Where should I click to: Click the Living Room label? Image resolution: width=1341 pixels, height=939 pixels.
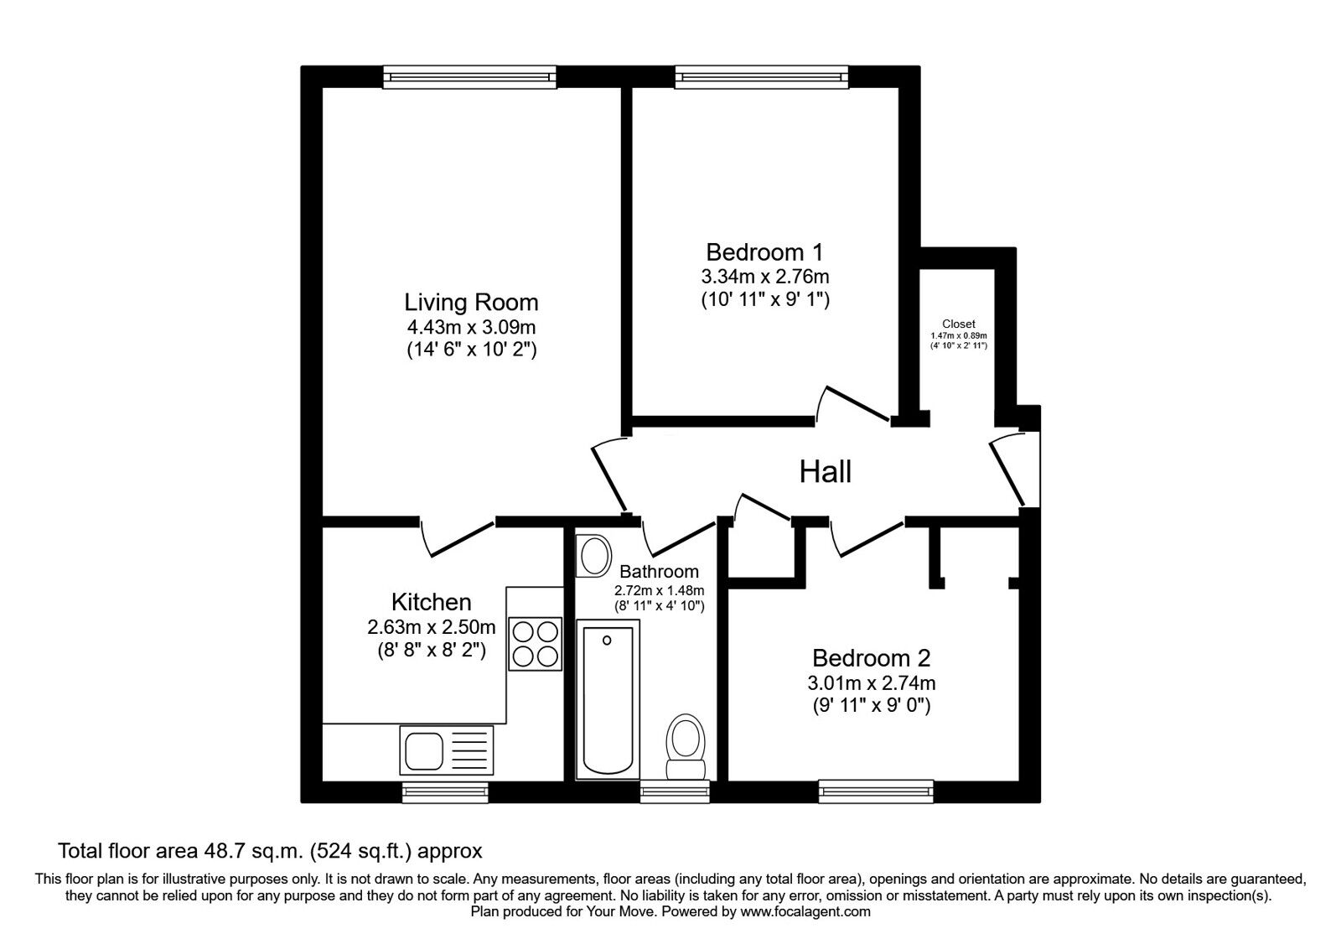point(471,302)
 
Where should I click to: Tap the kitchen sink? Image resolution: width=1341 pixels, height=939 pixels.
point(446,750)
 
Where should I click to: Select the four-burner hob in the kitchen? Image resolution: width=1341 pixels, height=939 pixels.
point(536,643)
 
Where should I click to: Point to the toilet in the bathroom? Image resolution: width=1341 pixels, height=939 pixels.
point(686,746)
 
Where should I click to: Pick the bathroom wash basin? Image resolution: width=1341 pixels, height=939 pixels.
point(596,556)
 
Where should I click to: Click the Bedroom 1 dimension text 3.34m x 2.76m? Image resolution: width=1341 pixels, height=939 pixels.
point(764,276)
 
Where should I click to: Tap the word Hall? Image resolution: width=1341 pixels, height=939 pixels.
point(825,472)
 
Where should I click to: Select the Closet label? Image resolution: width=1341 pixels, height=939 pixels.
point(958,324)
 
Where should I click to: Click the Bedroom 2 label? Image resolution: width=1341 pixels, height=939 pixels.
point(871,658)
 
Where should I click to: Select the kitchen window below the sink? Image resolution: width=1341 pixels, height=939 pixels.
point(444,790)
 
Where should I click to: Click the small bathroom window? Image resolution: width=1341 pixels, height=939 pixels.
point(675,790)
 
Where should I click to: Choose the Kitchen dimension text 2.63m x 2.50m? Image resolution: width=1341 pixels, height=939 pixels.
point(431,626)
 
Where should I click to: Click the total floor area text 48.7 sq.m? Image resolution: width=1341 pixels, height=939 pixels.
point(270,852)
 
